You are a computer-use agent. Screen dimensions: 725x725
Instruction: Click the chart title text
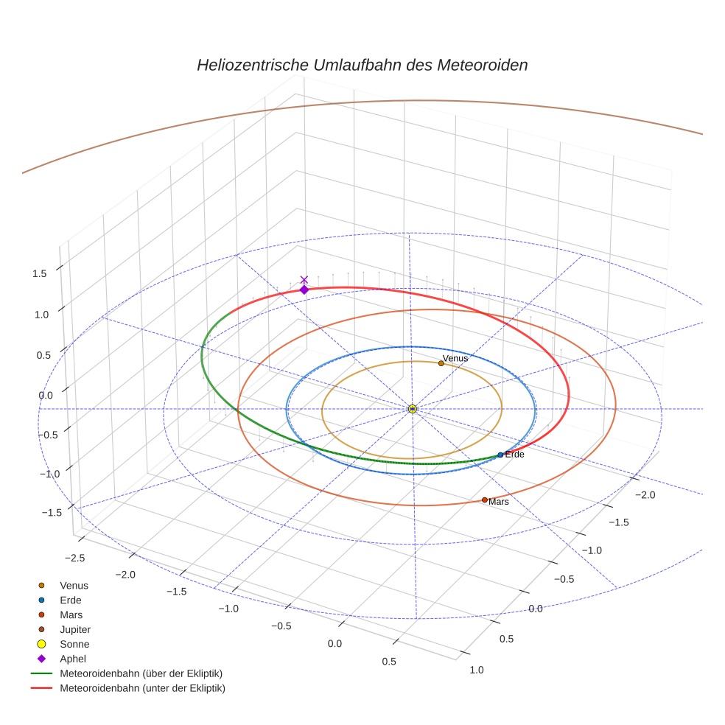pyautogui.click(x=362, y=65)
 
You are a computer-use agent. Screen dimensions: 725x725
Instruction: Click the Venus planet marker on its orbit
pyautogui.click(x=441, y=362)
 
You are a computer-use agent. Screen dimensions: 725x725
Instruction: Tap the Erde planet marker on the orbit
pyautogui.click(x=500, y=455)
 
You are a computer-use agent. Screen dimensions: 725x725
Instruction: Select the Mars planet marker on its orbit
pyautogui.click(x=484, y=500)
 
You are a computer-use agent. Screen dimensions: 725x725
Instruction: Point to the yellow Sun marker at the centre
pyautogui.click(x=412, y=408)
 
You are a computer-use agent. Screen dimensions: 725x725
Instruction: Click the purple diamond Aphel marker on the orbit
pyautogui.click(x=304, y=290)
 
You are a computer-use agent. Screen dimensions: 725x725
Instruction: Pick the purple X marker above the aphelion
pyautogui.click(x=304, y=279)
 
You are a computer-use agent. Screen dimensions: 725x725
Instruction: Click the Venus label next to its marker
pyautogui.click(x=455, y=358)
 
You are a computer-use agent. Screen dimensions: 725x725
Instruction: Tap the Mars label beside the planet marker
pyautogui.click(x=499, y=502)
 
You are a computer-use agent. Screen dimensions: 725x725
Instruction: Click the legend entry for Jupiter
pyautogui.click(x=74, y=629)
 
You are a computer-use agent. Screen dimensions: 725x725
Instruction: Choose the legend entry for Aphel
pyautogui.click(x=73, y=659)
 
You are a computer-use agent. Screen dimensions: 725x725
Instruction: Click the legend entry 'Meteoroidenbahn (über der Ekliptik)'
pyautogui.click(x=141, y=673)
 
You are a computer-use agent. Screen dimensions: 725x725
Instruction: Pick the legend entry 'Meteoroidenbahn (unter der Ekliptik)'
pyautogui.click(x=142, y=688)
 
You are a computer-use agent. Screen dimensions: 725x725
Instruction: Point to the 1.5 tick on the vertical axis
pyautogui.click(x=39, y=273)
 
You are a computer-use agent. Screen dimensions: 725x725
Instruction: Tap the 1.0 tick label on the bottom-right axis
pyautogui.click(x=477, y=670)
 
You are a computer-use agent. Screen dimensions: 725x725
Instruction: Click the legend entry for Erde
pyautogui.click(x=71, y=600)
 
